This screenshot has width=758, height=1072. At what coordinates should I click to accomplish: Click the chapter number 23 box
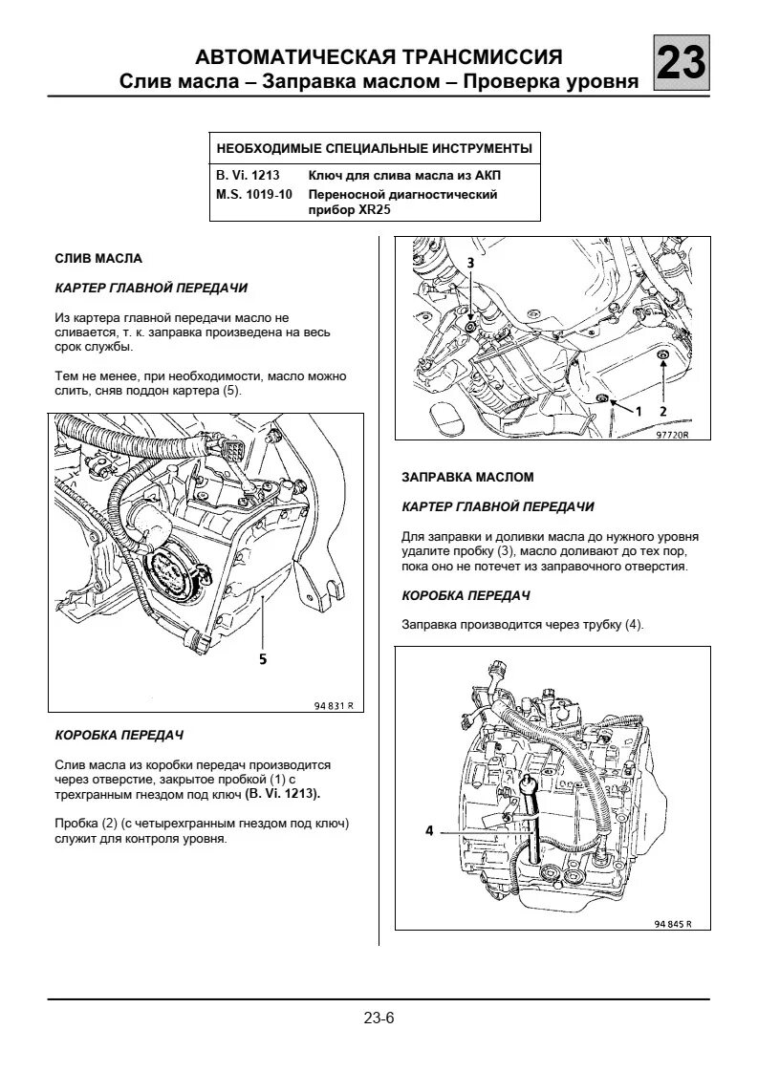[x=682, y=64]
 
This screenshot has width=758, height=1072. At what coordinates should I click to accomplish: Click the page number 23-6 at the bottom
[x=379, y=1018]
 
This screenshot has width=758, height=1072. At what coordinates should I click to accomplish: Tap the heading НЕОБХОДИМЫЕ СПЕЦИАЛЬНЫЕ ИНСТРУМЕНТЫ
[x=375, y=149]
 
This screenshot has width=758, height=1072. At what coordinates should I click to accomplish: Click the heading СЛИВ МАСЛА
[x=98, y=259]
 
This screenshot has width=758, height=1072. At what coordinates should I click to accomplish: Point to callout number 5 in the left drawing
[x=262, y=657]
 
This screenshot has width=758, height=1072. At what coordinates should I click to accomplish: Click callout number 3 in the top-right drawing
[x=469, y=262]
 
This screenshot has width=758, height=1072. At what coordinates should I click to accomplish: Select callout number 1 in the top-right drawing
[x=637, y=409]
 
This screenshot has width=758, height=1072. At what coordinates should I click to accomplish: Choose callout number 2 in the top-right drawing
[x=661, y=409]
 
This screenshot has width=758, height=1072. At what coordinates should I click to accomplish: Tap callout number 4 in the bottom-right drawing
[x=430, y=831]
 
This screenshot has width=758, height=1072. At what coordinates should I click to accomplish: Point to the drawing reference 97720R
[x=672, y=433]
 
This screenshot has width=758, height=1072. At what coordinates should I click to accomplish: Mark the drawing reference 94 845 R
[x=673, y=924]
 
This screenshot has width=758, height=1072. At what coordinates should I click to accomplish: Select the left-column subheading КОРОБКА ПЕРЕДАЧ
[x=119, y=736]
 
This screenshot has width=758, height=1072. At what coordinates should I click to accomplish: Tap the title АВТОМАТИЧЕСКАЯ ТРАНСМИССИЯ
[x=379, y=57]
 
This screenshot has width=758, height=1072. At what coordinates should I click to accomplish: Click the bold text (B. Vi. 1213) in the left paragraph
[x=283, y=793]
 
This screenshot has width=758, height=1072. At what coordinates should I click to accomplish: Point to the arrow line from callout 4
[x=478, y=831]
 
